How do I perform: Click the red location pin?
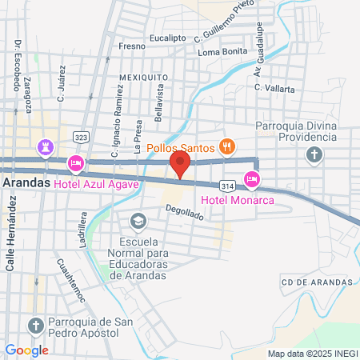click(180, 165)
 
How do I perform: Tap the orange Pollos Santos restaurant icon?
click(227, 146)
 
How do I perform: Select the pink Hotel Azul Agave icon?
click(76, 164)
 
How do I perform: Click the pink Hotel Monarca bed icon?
click(251, 178)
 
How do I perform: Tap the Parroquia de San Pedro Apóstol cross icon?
click(34, 325)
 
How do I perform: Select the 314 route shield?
click(228, 182)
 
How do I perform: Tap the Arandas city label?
click(27, 182)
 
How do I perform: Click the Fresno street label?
click(132, 46)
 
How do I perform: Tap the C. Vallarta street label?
click(274, 89)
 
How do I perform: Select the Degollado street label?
click(185, 213)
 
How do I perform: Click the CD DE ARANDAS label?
click(317, 282)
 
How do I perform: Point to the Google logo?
click(26, 350)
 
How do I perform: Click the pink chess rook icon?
click(44, 148)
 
